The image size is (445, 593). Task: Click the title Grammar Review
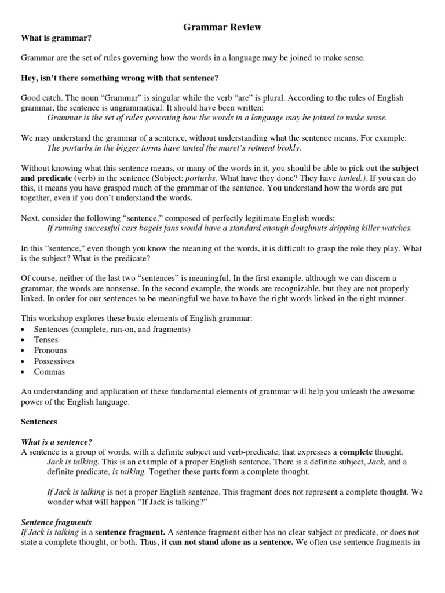pyautogui.click(x=222, y=27)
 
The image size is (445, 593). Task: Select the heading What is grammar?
pyautogui.click(x=56, y=38)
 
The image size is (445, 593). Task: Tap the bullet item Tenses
pyautogui.click(x=46, y=340)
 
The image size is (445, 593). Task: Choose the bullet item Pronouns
pyautogui.click(x=50, y=350)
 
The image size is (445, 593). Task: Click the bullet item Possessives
pyautogui.click(x=54, y=361)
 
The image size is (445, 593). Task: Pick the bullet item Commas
pyautogui.click(x=49, y=372)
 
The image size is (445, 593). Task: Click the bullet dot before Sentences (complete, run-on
pyautogui.click(x=23, y=330)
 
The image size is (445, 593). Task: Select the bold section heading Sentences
pyautogui.click(x=39, y=422)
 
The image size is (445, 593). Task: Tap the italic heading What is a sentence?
pyautogui.click(x=57, y=441)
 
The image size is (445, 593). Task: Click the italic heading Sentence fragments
pyautogui.click(x=56, y=522)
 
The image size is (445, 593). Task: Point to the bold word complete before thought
pyautogui.click(x=358, y=452)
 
